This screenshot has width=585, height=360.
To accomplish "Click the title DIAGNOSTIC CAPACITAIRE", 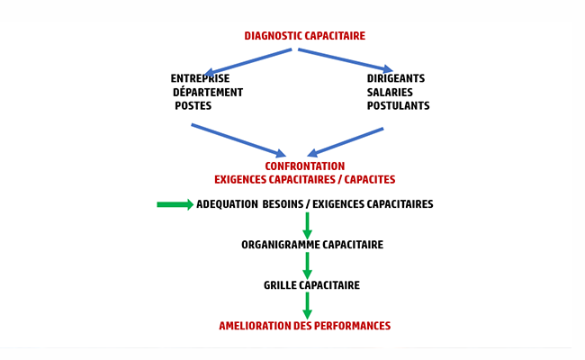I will point(304,36).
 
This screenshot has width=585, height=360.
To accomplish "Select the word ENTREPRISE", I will point(200,78).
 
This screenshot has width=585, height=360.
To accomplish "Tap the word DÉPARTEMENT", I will point(208,92).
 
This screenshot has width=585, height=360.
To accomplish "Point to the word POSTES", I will point(193,105).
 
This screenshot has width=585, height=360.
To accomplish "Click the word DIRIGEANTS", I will point(396,78).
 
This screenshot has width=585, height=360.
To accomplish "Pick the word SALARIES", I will point(391,92).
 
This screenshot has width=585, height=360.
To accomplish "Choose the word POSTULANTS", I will point(398,105).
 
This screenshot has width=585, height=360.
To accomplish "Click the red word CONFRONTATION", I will point(304,166).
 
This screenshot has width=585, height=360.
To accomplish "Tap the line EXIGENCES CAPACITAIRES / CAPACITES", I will point(304,180).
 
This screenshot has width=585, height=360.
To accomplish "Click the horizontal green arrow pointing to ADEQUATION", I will point(175,204).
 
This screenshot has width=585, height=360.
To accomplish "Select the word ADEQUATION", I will point(226,204).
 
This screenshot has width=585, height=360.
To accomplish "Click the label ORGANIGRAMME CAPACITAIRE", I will point(312,245).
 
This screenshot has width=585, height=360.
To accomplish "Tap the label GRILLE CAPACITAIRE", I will point(311,285).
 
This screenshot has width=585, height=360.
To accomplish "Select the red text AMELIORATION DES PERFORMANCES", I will point(304,326).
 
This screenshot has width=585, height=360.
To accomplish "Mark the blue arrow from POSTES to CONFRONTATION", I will point(239,139).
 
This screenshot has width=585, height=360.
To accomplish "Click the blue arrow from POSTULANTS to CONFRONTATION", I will point(346,140).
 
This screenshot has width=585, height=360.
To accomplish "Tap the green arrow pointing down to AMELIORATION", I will point(307,305).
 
